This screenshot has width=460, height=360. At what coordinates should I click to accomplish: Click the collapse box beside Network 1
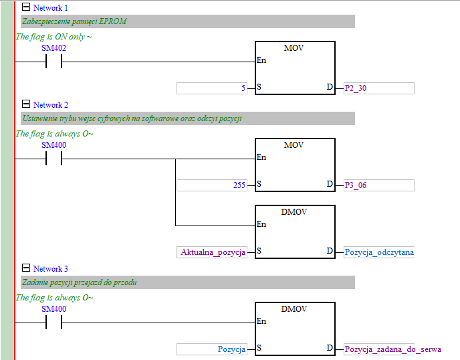click(x=26, y=7)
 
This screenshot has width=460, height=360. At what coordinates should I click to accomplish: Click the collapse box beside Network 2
click(x=26, y=104)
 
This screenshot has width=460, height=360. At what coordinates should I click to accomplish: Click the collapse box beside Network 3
click(x=26, y=268)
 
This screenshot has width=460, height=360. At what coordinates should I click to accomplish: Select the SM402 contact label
click(x=53, y=48)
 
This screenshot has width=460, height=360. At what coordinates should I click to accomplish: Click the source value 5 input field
click(x=212, y=88)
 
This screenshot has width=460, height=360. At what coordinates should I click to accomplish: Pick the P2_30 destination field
click(x=378, y=88)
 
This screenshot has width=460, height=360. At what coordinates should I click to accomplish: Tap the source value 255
click(x=212, y=185)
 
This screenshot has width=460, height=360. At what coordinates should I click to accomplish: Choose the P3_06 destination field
click(x=378, y=185)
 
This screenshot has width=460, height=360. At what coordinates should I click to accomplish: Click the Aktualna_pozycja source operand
click(x=212, y=252)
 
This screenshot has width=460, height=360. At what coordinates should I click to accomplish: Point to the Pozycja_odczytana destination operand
click(x=378, y=252)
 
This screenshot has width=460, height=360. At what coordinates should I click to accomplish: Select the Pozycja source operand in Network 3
click(x=212, y=349)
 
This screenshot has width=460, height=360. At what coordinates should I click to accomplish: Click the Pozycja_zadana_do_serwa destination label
click(x=392, y=349)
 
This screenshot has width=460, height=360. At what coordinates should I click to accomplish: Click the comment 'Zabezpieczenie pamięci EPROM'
click(x=74, y=21)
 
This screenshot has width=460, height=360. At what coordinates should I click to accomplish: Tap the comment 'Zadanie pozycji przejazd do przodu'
click(x=80, y=282)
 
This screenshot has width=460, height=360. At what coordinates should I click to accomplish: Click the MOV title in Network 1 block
click(x=294, y=48)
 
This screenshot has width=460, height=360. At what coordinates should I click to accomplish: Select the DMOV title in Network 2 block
click(x=294, y=211)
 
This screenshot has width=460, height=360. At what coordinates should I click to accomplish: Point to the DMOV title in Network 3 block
click(x=294, y=308)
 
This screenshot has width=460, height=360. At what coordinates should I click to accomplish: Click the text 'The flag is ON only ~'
click(x=53, y=36)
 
